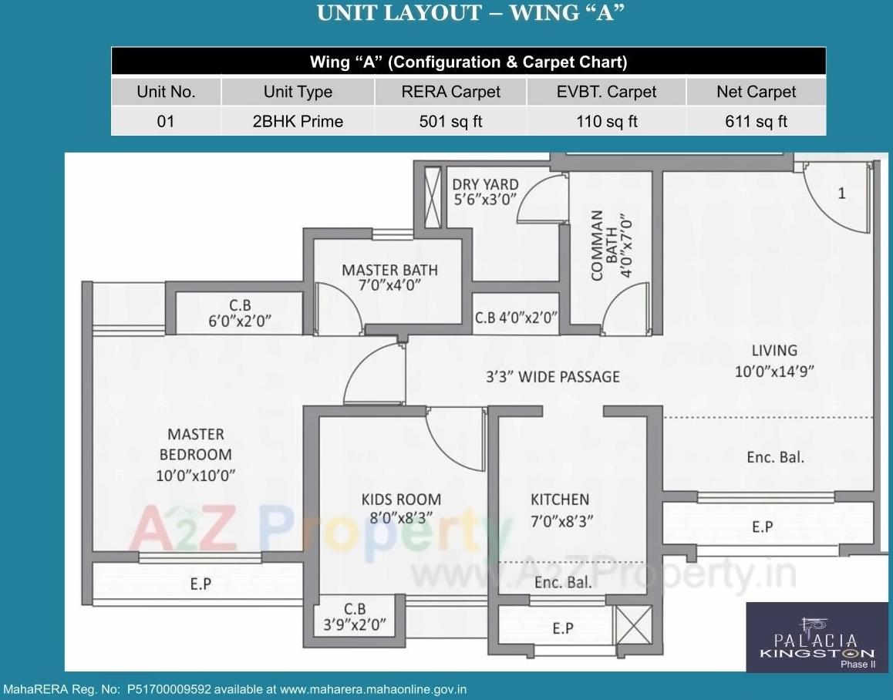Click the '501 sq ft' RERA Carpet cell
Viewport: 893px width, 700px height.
[450, 121]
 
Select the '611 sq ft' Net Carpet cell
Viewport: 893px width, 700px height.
[755, 121]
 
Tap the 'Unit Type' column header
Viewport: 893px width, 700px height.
[298, 92]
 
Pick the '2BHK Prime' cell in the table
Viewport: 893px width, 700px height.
[298, 121]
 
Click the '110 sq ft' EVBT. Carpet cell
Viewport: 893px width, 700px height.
[606, 121]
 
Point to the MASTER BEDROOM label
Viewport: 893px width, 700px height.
[196, 455]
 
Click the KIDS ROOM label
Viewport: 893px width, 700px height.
[401, 509]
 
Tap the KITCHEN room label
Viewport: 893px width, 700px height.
[560, 509]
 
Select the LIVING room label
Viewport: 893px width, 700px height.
[774, 360]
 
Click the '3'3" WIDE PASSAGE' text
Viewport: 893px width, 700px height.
[552, 376]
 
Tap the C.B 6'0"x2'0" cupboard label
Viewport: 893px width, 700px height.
[240, 313]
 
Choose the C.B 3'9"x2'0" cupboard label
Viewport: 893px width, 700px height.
[354, 617]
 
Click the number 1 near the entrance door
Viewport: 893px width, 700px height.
[841, 194]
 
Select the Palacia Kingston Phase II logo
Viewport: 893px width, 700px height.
[817, 637]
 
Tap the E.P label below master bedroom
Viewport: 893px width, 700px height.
[201, 584]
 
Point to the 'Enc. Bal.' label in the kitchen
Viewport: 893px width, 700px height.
[562, 582]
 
